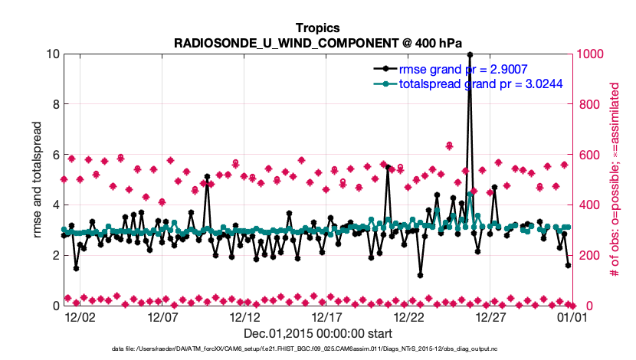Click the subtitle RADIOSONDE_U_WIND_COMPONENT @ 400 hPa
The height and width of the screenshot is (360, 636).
click(x=317, y=41)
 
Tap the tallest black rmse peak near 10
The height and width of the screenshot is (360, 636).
click(x=470, y=55)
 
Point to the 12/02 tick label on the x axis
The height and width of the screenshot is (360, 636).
click(x=80, y=316)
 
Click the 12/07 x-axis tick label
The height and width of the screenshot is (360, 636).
click(x=162, y=316)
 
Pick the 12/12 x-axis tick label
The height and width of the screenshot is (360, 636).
click(x=244, y=316)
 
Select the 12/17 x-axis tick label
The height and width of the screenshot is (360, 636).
click(x=326, y=316)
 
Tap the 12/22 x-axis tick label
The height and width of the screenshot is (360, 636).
click(x=408, y=316)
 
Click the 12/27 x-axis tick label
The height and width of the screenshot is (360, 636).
click(x=490, y=316)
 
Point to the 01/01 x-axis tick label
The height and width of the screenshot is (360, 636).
click(x=572, y=316)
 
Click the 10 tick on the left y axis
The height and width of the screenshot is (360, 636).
click(x=51, y=54)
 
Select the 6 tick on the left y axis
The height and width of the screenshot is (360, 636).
click(x=54, y=155)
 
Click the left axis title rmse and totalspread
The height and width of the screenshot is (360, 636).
click(x=37, y=179)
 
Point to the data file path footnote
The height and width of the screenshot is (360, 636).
click(x=317, y=349)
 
